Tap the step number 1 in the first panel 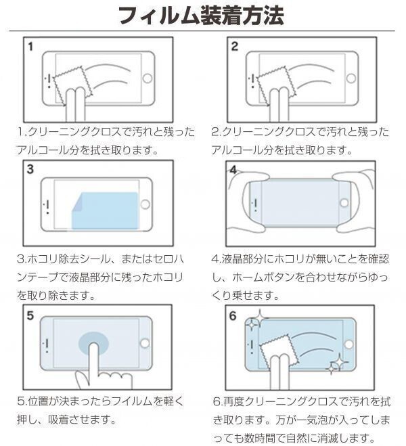pyautogui.click(x=31, y=47)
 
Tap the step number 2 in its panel pyautogui.click(x=235, y=47)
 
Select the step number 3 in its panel pyautogui.click(x=31, y=170)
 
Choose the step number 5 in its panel pyautogui.click(x=31, y=315)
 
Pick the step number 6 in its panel pyautogui.click(x=234, y=316)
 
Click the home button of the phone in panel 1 pyautogui.click(x=148, y=78)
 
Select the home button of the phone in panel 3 pyautogui.click(x=147, y=202)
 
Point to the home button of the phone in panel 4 pyautogui.click(x=344, y=203)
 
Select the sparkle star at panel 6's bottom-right pyautogui.click(x=337, y=366)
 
